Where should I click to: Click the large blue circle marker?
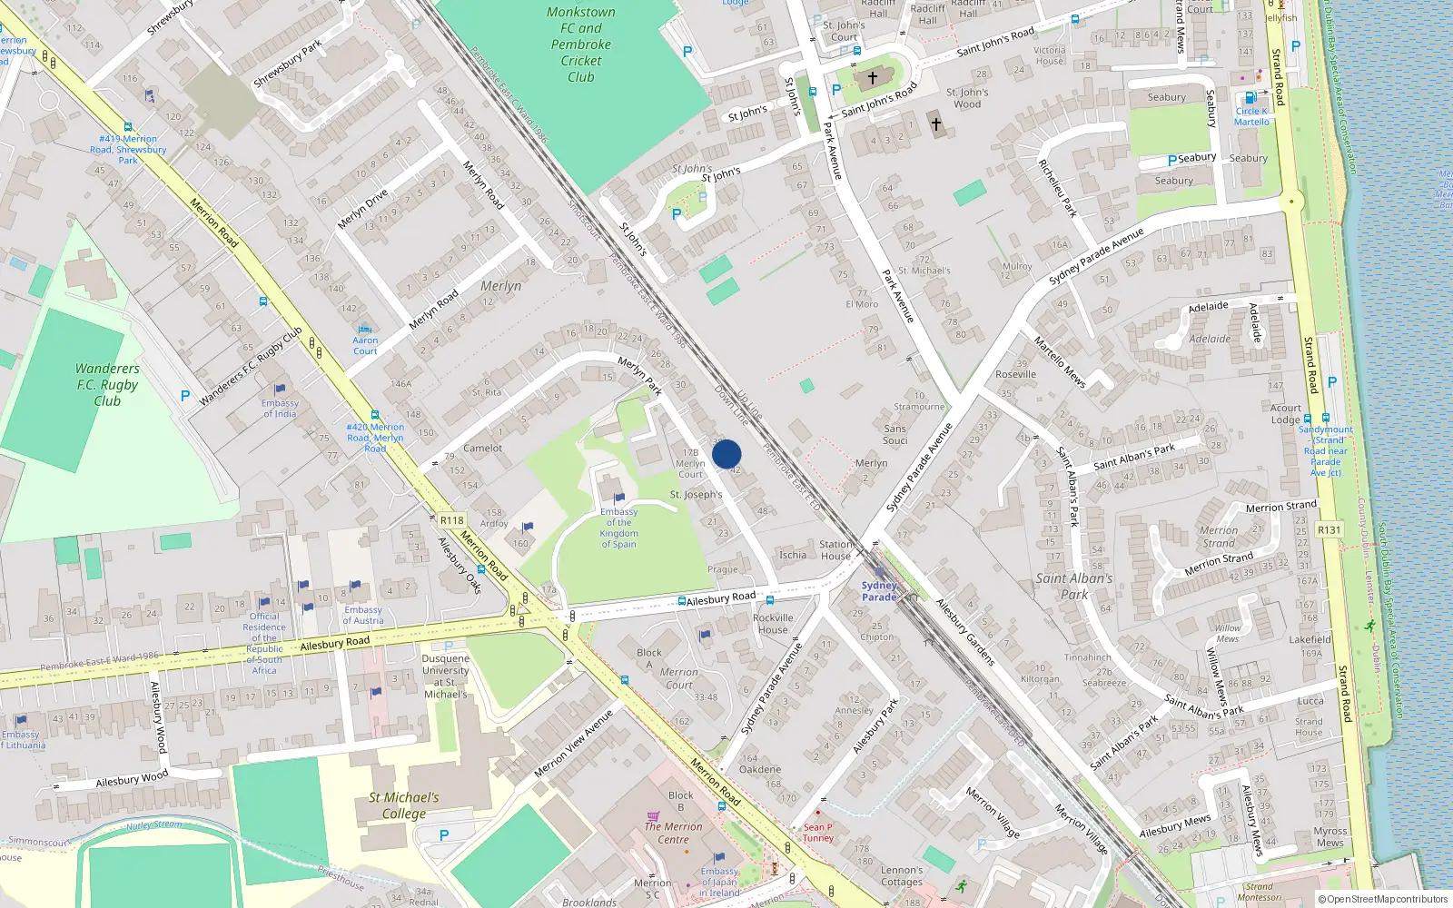[x=726, y=454]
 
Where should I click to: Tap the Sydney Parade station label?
[x=878, y=591]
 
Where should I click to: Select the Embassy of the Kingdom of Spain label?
[x=618, y=528]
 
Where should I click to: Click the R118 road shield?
[x=451, y=520]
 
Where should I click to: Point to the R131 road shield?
[x=1329, y=529]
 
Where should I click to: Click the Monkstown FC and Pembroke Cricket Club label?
[x=580, y=44]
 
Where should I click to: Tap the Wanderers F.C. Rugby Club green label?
[x=107, y=384]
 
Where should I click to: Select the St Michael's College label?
[x=403, y=804]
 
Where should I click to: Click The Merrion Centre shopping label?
[x=673, y=833]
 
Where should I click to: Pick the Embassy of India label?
[x=280, y=408]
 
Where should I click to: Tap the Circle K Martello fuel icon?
[x=1250, y=98]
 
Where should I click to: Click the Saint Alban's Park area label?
[x=1073, y=586]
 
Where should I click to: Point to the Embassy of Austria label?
[x=362, y=615]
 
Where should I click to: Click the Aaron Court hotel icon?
[x=365, y=330]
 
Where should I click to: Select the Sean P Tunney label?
[x=817, y=833]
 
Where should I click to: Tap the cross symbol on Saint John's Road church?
[x=872, y=79]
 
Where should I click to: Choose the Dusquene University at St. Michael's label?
[x=445, y=676]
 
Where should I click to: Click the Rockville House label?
[x=773, y=623]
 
